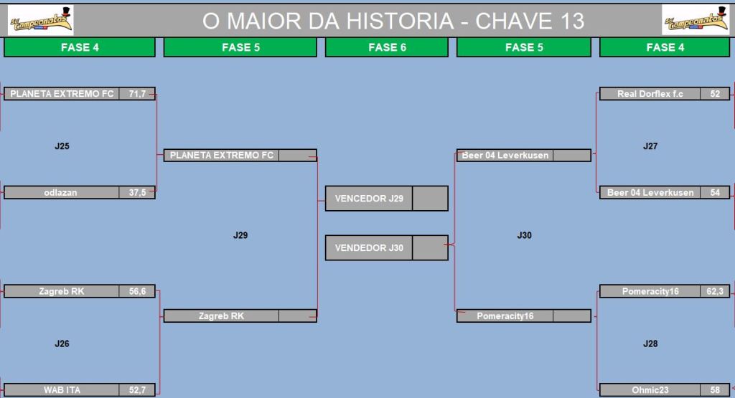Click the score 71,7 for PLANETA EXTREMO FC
(137, 94)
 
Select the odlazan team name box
(62, 192)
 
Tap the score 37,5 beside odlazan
(137, 192)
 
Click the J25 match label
(62, 146)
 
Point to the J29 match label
(240, 235)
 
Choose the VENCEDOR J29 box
(387, 199)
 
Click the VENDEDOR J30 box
(387, 247)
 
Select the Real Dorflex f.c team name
(650, 94)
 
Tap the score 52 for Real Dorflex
(715, 94)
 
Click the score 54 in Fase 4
(715, 192)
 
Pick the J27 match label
(650, 146)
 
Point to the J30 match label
(524, 235)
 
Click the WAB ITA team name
(62, 389)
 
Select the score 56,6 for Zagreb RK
(137, 291)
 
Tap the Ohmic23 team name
(650, 389)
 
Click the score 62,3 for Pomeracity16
(715, 291)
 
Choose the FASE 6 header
(387, 47)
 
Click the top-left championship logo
(41, 20)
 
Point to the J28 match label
(650, 343)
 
